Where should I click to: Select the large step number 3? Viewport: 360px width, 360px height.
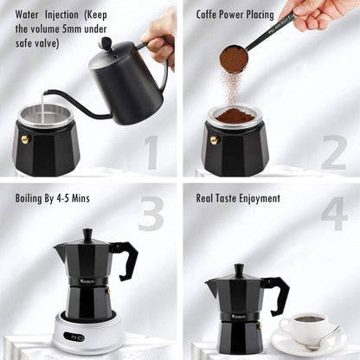[151, 214]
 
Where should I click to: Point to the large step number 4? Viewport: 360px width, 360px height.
[333, 214]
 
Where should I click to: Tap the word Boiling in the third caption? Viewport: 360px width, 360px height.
[34, 198]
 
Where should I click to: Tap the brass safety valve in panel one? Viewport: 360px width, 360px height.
[24, 138]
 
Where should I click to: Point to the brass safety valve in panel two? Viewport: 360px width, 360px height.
[213, 139]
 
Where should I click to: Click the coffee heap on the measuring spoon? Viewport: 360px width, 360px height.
[234, 60]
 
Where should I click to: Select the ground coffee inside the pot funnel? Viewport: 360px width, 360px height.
[235, 116]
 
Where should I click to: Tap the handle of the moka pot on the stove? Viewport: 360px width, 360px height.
[125, 259]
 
